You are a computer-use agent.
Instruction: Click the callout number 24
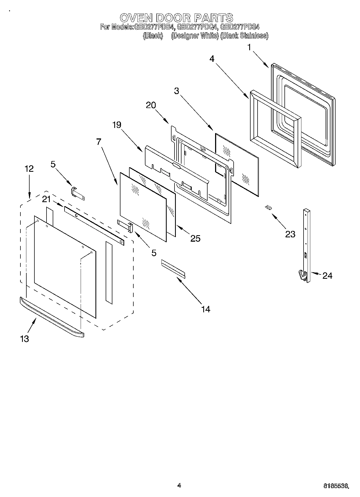point(327,276)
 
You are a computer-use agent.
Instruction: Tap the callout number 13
point(24,339)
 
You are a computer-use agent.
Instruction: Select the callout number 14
point(205,309)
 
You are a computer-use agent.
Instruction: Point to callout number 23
point(290,234)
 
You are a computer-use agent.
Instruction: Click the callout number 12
point(29,169)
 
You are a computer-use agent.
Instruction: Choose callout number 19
point(117,125)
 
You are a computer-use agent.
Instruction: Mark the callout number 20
point(151,105)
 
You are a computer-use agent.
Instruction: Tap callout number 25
point(195,238)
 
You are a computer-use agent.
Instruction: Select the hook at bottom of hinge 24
point(302,276)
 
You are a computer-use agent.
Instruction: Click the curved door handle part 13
point(51,316)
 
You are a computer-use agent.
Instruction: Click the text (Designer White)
point(195,36)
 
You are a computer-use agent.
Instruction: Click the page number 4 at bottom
point(179,485)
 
